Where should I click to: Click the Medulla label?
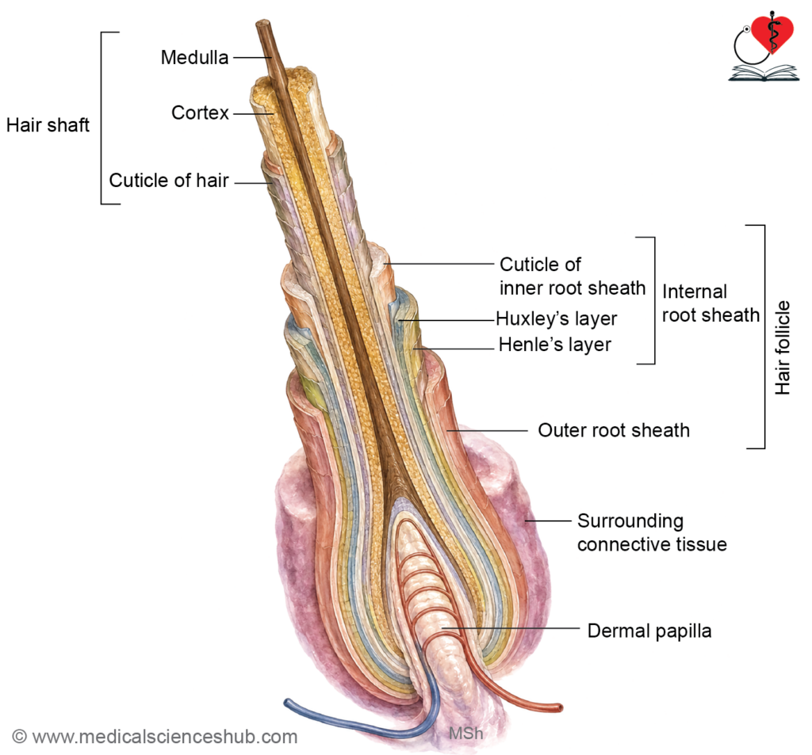[x=194, y=58]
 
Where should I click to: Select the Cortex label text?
[x=200, y=112]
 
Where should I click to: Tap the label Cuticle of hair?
[x=169, y=180]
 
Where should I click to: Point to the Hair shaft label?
[x=48, y=124]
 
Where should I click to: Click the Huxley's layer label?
[x=556, y=318]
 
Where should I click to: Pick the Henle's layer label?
[x=554, y=345]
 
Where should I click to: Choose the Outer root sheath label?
[x=614, y=430]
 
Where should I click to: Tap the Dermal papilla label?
[x=649, y=631]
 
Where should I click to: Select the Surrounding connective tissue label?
[x=652, y=532]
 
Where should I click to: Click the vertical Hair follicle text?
[x=783, y=348]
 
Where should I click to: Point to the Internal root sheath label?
[x=710, y=303]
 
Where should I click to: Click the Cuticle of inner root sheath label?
[x=573, y=276]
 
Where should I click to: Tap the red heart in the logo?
[x=772, y=34]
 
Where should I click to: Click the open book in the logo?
[x=764, y=74]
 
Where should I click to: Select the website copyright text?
[x=155, y=736]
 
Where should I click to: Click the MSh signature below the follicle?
[x=465, y=734]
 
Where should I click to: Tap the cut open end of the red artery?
[x=559, y=707]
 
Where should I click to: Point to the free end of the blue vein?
[x=287, y=702]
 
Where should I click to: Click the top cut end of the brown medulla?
[x=263, y=23]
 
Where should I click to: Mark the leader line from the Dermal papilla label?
[x=511, y=628]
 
